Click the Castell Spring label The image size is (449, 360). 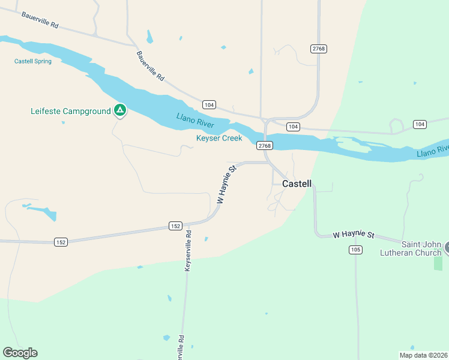(33, 61)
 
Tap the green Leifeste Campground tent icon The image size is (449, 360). (120, 110)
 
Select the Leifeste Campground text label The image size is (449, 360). (71, 111)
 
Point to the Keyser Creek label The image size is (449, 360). (219, 138)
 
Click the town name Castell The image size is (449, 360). (297, 184)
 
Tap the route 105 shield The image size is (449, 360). (355, 250)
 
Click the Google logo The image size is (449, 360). (20, 353)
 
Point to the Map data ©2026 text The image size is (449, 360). (423, 355)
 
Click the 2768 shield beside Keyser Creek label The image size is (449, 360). (264, 146)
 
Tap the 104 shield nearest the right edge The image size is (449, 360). (420, 124)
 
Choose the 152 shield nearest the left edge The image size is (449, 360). (61, 242)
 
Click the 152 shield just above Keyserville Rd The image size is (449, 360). (175, 226)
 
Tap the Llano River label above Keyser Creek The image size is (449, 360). (195, 120)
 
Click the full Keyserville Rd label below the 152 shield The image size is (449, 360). (188, 251)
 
